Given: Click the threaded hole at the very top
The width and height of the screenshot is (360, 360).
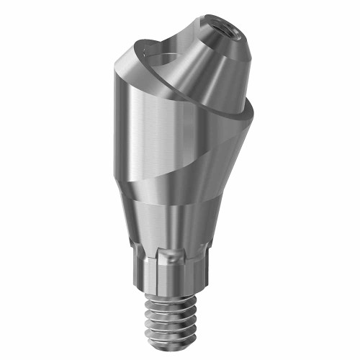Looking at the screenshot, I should (x=224, y=32).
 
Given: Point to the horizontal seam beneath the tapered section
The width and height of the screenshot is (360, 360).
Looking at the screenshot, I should (x=173, y=204).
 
